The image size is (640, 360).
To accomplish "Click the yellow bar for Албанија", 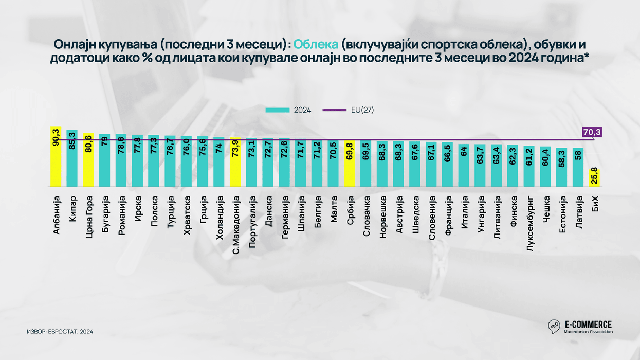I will click(x=56, y=156).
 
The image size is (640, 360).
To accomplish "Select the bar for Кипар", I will click(x=72, y=158).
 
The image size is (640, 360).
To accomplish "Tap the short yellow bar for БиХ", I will click(x=594, y=178).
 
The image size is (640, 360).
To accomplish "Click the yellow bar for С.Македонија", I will click(x=235, y=163).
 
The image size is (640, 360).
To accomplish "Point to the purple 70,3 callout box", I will click(x=592, y=133).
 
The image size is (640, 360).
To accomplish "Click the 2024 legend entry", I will click(x=288, y=110).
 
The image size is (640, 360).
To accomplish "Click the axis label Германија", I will click(x=284, y=218).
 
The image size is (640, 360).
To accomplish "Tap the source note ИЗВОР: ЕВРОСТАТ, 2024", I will click(x=60, y=332).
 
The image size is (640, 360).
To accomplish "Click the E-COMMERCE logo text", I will click(x=588, y=324).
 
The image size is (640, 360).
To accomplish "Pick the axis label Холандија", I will click(x=220, y=218).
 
